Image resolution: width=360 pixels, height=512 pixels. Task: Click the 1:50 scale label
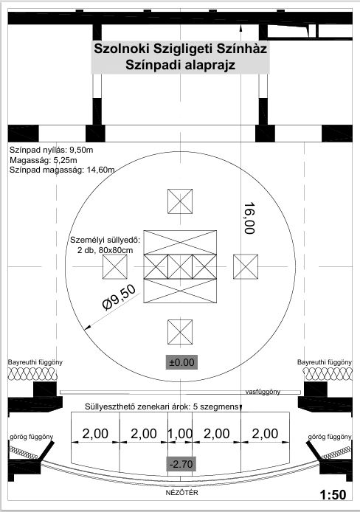point(333,495)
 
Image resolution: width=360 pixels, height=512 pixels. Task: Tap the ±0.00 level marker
point(181,362)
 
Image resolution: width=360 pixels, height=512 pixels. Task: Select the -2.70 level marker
point(181,463)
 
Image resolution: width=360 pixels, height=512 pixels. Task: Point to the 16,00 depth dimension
point(249,218)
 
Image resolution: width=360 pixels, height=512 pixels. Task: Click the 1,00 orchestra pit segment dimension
point(180,434)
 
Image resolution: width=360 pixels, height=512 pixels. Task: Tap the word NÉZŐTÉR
point(181,493)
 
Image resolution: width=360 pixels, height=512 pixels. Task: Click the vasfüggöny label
point(263,392)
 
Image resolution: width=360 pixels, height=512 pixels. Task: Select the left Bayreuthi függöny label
point(35,362)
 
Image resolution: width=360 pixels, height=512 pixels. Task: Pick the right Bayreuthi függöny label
point(325,362)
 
